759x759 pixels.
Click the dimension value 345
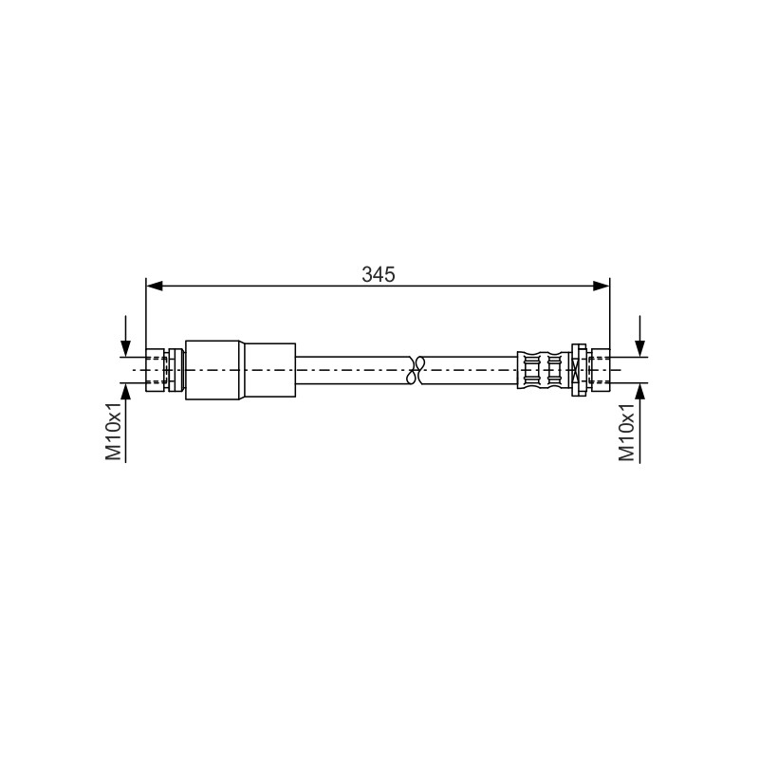click(378, 274)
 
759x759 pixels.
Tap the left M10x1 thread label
click(114, 431)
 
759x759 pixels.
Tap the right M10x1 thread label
click(626, 432)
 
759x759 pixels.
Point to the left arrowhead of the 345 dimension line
click(154, 287)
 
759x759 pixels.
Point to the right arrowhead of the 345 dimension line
click(602, 287)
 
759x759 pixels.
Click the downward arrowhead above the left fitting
click(126, 348)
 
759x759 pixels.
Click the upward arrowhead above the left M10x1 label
click(126, 392)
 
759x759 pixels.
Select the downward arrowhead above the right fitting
click(639, 348)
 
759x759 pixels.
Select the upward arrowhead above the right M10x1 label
click(639, 392)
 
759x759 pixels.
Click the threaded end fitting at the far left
click(157, 370)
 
